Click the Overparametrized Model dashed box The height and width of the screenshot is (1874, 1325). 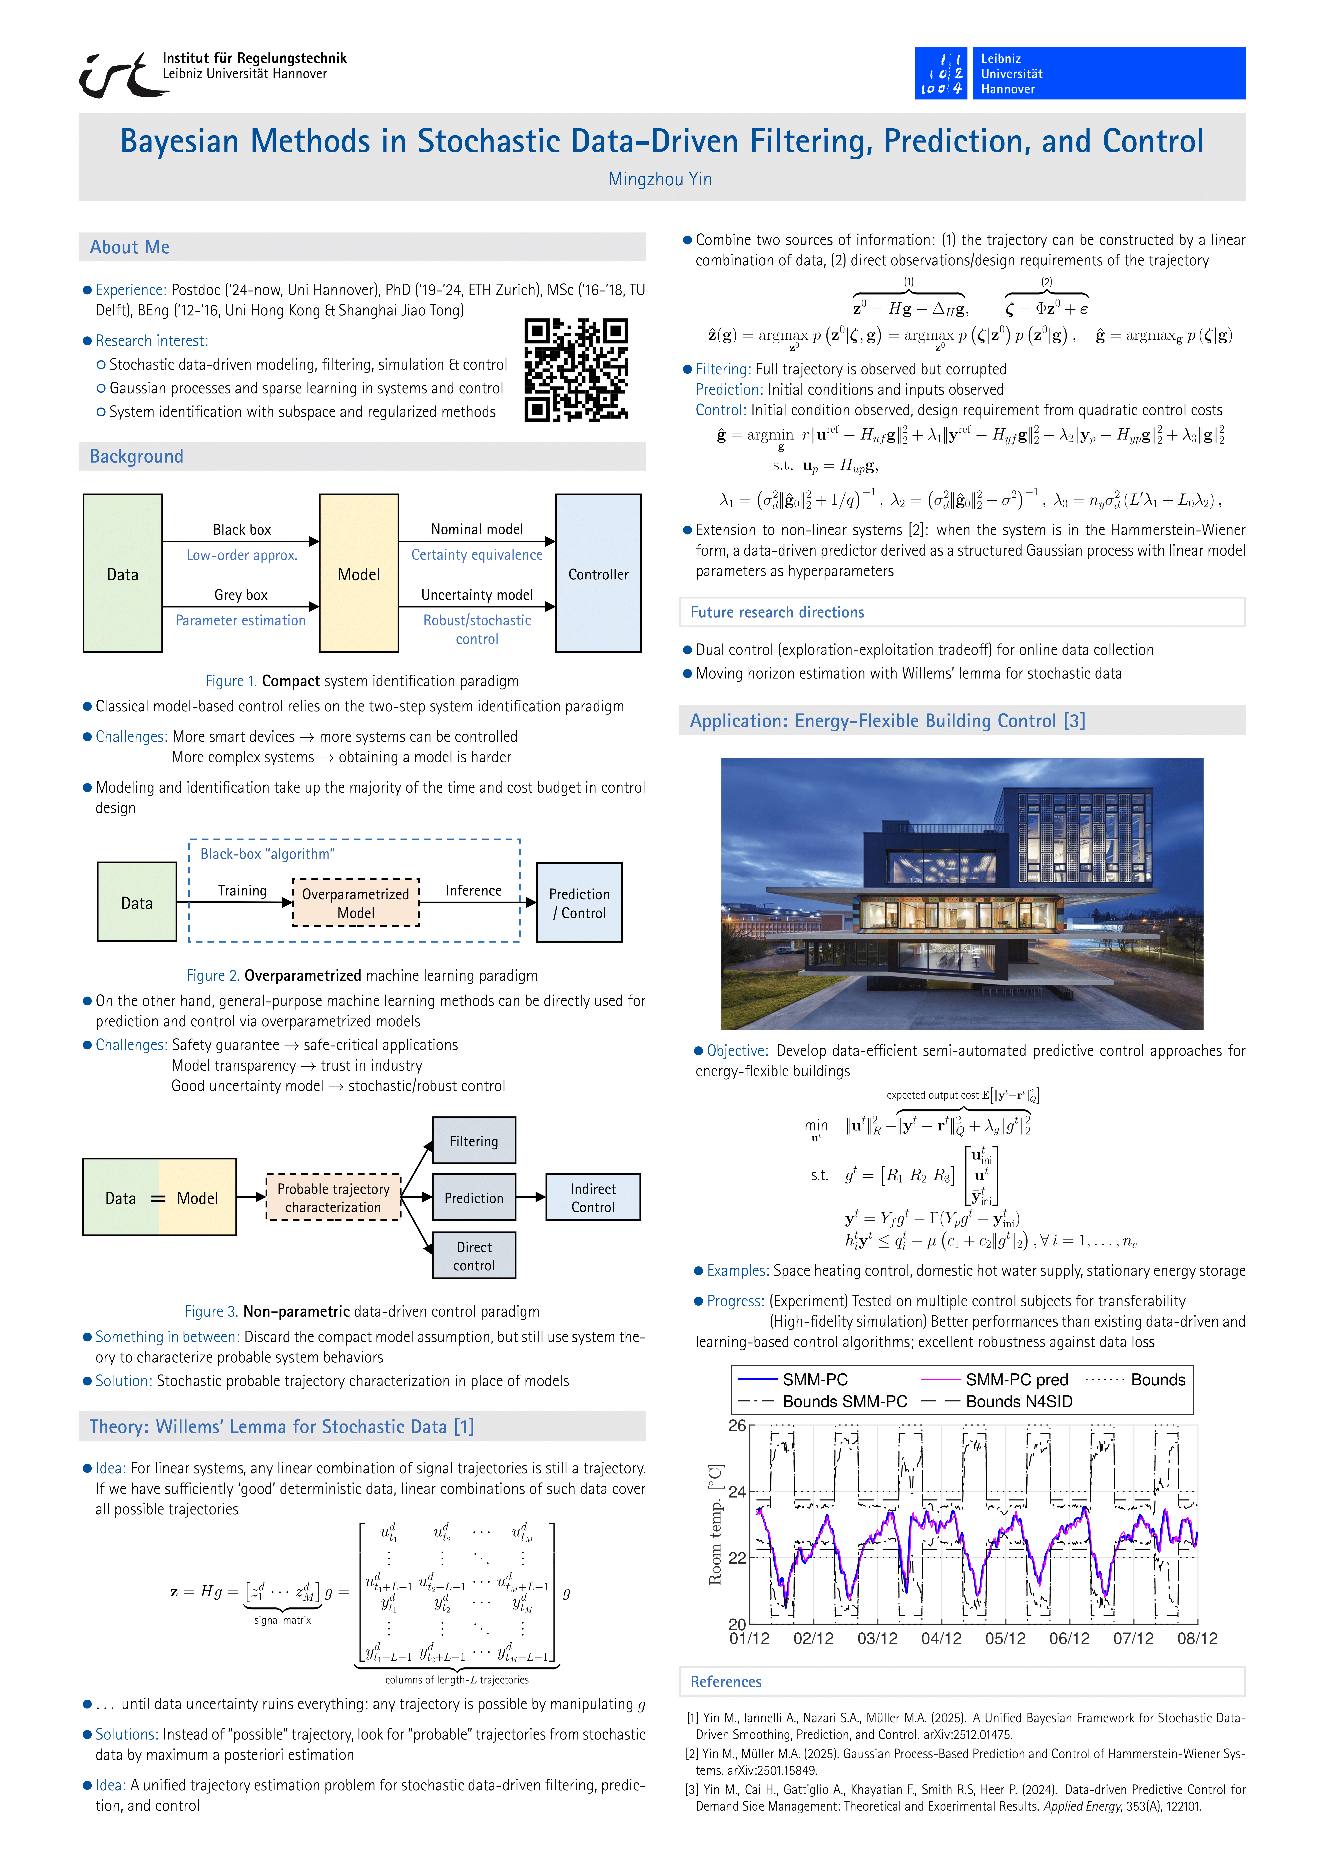pos(356,903)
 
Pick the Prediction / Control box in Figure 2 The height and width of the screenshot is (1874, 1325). pos(579,903)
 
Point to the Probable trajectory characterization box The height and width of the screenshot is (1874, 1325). pos(333,1197)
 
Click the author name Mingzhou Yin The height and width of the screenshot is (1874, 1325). pos(660,179)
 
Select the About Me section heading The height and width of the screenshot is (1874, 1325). pos(130,247)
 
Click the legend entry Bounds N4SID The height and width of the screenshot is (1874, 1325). pos(1018,1401)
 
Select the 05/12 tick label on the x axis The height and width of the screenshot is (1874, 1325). pos(1005,1639)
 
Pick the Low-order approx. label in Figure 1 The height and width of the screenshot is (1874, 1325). pos(241,555)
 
